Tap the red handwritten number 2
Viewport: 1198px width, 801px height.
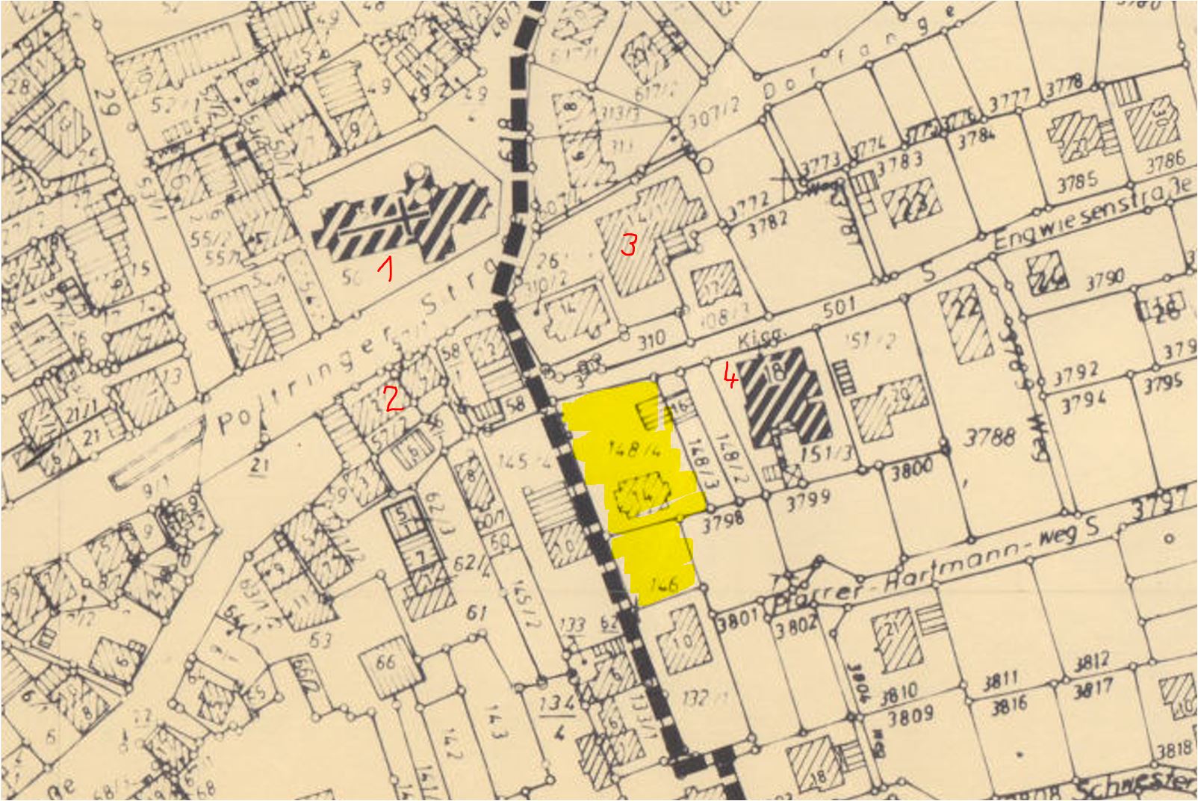pos(393,399)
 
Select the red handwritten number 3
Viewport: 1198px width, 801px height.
pos(629,244)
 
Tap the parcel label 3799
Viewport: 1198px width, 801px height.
pos(808,495)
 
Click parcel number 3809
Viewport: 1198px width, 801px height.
pos(911,715)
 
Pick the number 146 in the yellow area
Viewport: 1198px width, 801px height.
pos(663,584)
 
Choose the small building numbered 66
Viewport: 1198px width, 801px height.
pos(385,662)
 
